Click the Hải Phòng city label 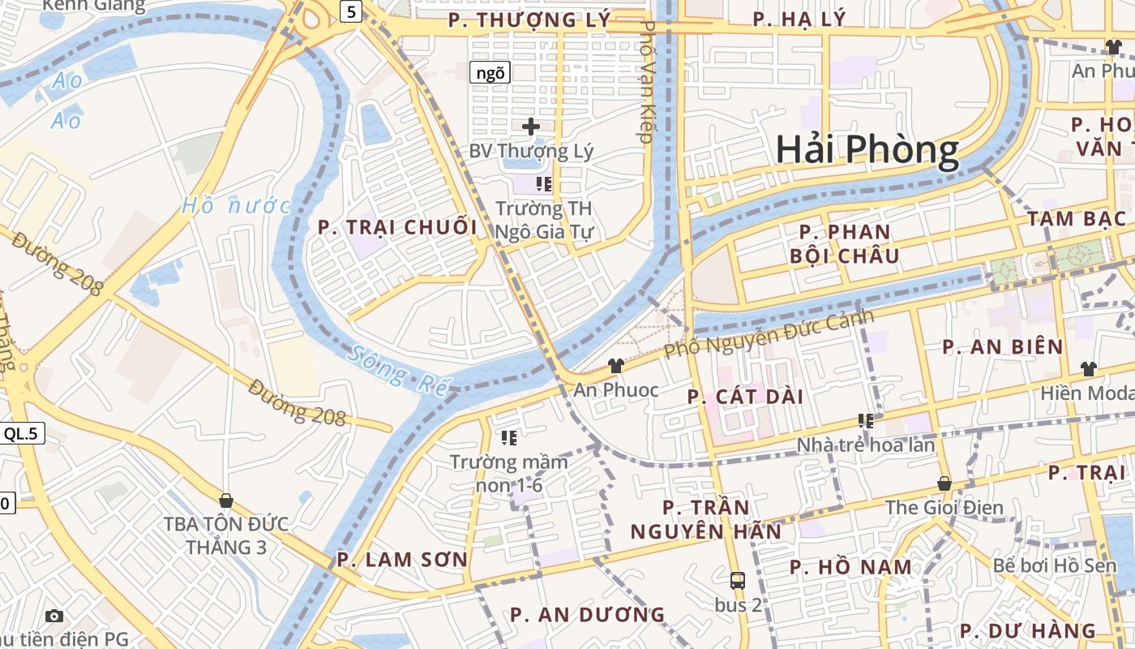click(867, 150)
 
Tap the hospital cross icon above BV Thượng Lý click(531, 127)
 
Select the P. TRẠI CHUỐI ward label click(397, 227)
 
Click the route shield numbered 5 click(350, 11)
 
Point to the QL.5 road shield click(21, 433)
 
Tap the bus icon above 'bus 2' click(738, 581)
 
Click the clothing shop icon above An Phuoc click(616, 366)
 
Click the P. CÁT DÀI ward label click(745, 397)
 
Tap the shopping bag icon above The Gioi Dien click(944, 484)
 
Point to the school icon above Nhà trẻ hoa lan click(866, 420)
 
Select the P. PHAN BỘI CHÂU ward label click(845, 244)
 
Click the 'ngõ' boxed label click(490, 73)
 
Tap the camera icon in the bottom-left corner click(54, 616)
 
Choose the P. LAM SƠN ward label click(402, 559)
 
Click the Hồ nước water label click(235, 205)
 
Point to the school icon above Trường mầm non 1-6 click(509, 438)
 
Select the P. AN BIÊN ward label click(1002, 347)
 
